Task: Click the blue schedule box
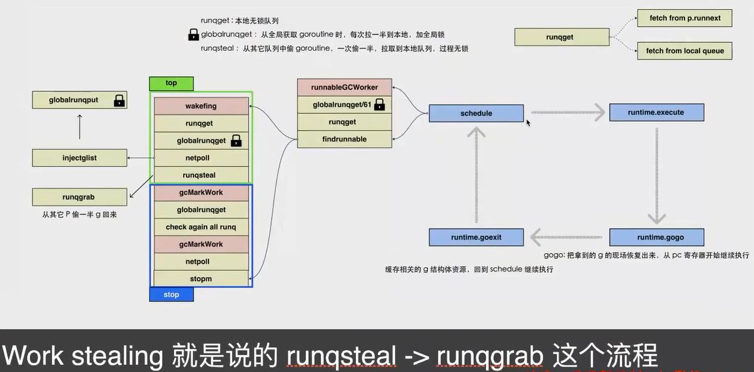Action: pyautogui.click(x=476, y=113)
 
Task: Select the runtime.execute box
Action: pyautogui.click(x=657, y=113)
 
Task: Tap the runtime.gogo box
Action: pyautogui.click(x=657, y=237)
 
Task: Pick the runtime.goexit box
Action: pyautogui.click(x=476, y=237)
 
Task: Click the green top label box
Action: pyautogui.click(x=171, y=83)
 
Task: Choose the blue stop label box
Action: pyautogui.click(x=171, y=295)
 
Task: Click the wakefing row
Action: pyautogui.click(x=201, y=106)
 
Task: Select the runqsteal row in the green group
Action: pyautogui.click(x=201, y=175)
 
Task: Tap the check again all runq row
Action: pyautogui.click(x=201, y=227)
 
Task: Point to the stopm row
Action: pyautogui.click(x=201, y=279)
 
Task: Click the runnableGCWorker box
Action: pyautogui.click(x=345, y=88)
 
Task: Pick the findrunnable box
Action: pyautogui.click(x=345, y=139)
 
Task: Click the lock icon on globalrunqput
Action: pyautogui.click(x=119, y=100)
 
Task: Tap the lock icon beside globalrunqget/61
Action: pyautogui.click(x=379, y=105)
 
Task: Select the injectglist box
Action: pyautogui.click(x=79, y=158)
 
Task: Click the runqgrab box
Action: pyautogui.click(x=79, y=197)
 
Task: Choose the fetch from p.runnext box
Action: pyautogui.click(x=684, y=18)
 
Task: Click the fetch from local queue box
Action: pyautogui.click(x=684, y=51)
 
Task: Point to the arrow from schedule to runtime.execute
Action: pyautogui.click(x=568, y=113)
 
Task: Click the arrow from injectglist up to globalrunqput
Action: pyautogui.click(x=80, y=127)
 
